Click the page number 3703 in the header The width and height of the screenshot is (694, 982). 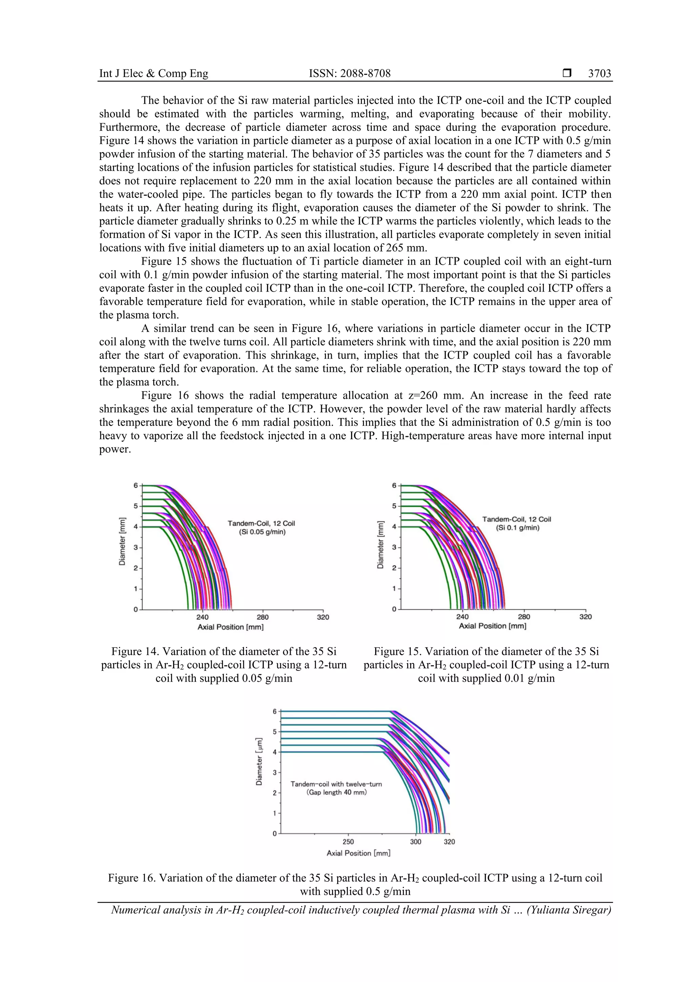coord(599,74)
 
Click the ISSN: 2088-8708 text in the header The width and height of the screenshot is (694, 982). coord(350,74)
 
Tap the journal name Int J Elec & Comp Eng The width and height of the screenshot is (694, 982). coord(154,74)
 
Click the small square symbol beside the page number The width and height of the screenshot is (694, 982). coord(567,73)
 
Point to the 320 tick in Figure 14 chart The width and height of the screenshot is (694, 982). coord(323,617)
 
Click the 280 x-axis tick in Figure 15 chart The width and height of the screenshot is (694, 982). coord(524,617)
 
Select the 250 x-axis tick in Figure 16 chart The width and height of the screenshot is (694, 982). coord(348,842)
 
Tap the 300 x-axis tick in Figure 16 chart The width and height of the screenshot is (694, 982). coord(416,842)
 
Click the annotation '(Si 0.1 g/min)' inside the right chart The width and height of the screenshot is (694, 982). coord(517,528)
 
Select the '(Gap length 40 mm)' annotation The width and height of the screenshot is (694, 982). coord(336,792)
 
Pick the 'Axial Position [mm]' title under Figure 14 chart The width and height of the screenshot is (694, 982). coord(230,627)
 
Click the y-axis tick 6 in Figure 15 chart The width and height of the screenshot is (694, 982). coord(394,485)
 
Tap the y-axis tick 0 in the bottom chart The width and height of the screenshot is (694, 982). coord(275,834)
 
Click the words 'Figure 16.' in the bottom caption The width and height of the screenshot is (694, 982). coord(129,878)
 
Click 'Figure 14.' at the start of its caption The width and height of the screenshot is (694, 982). coord(132,652)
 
